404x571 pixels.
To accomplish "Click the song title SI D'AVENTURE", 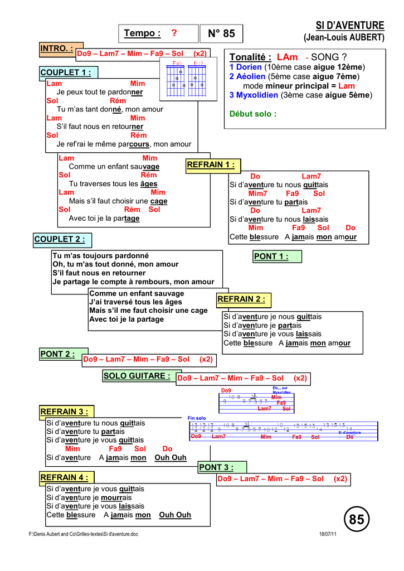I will point(350,26).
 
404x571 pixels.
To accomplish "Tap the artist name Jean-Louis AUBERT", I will point(344,38).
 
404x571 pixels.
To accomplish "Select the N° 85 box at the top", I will point(221,34).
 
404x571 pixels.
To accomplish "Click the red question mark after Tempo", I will point(174,33).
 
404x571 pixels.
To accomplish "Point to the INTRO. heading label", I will point(57,49).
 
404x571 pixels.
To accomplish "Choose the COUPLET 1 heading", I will point(65,72).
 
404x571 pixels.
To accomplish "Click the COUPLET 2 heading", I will point(60,240).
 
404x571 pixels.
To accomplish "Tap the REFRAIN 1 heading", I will point(211,165).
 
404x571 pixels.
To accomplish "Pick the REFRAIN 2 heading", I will point(241,299).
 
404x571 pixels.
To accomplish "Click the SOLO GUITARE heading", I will point(137,376).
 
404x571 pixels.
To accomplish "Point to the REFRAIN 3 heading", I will point(65,412).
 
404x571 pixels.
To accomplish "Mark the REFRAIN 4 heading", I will point(65,477).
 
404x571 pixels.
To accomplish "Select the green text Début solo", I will point(253,114).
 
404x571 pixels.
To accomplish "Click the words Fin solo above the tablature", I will point(197,418).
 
